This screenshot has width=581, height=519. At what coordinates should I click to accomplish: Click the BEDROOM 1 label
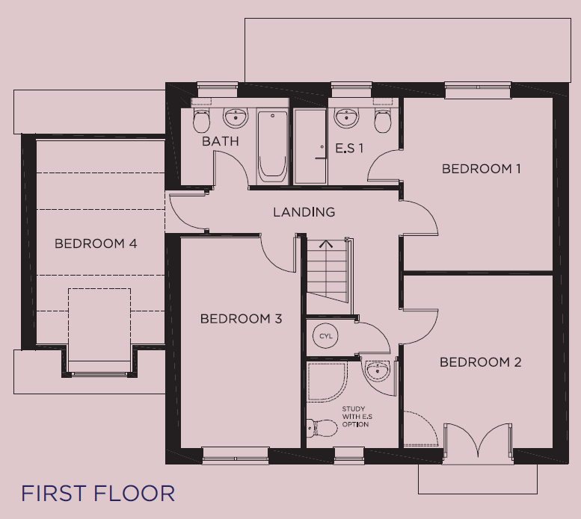(x=481, y=169)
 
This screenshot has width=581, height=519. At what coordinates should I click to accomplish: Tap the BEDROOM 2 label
(x=481, y=361)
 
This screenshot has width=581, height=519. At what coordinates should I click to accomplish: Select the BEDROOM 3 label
(x=242, y=319)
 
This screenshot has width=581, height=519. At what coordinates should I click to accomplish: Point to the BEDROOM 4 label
(x=96, y=243)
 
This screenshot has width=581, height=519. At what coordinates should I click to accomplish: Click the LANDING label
(x=304, y=212)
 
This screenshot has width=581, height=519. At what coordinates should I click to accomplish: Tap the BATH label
(x=221, y=141)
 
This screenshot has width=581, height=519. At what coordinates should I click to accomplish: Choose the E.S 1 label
(x=349, y=149)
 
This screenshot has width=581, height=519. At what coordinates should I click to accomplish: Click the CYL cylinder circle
(x=326, y=336)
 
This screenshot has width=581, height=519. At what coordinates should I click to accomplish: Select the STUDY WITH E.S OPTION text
(x=357, y=417)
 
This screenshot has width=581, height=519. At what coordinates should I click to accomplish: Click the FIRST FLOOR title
(x=98, y=493)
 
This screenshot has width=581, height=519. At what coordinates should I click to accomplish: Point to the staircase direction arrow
(x=326, y=243)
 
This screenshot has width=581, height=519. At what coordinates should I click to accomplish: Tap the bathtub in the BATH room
(x=272, y=147)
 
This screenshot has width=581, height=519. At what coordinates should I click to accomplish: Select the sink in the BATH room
(x=236, y=118)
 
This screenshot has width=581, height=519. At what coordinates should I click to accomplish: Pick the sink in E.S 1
(x=347, y=118)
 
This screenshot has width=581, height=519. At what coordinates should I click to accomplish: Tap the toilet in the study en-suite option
(x=322, y=429)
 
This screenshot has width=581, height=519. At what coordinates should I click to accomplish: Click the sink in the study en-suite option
(x=378, y=370)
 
